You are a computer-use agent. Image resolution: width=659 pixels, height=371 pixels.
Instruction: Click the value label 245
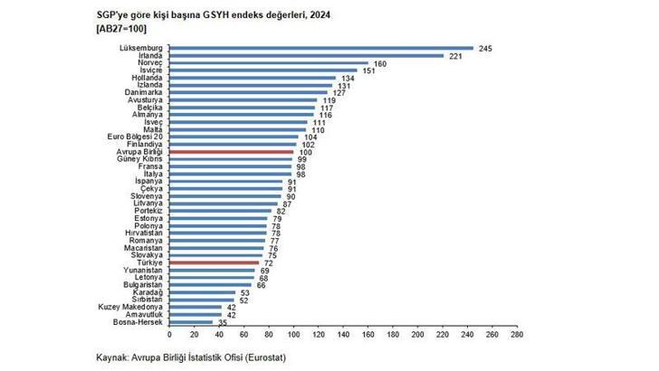pyautogui.click(x=484, y=48)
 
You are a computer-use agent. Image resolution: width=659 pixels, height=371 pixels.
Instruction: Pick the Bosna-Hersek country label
pyautogui.click(x=138, y=322)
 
